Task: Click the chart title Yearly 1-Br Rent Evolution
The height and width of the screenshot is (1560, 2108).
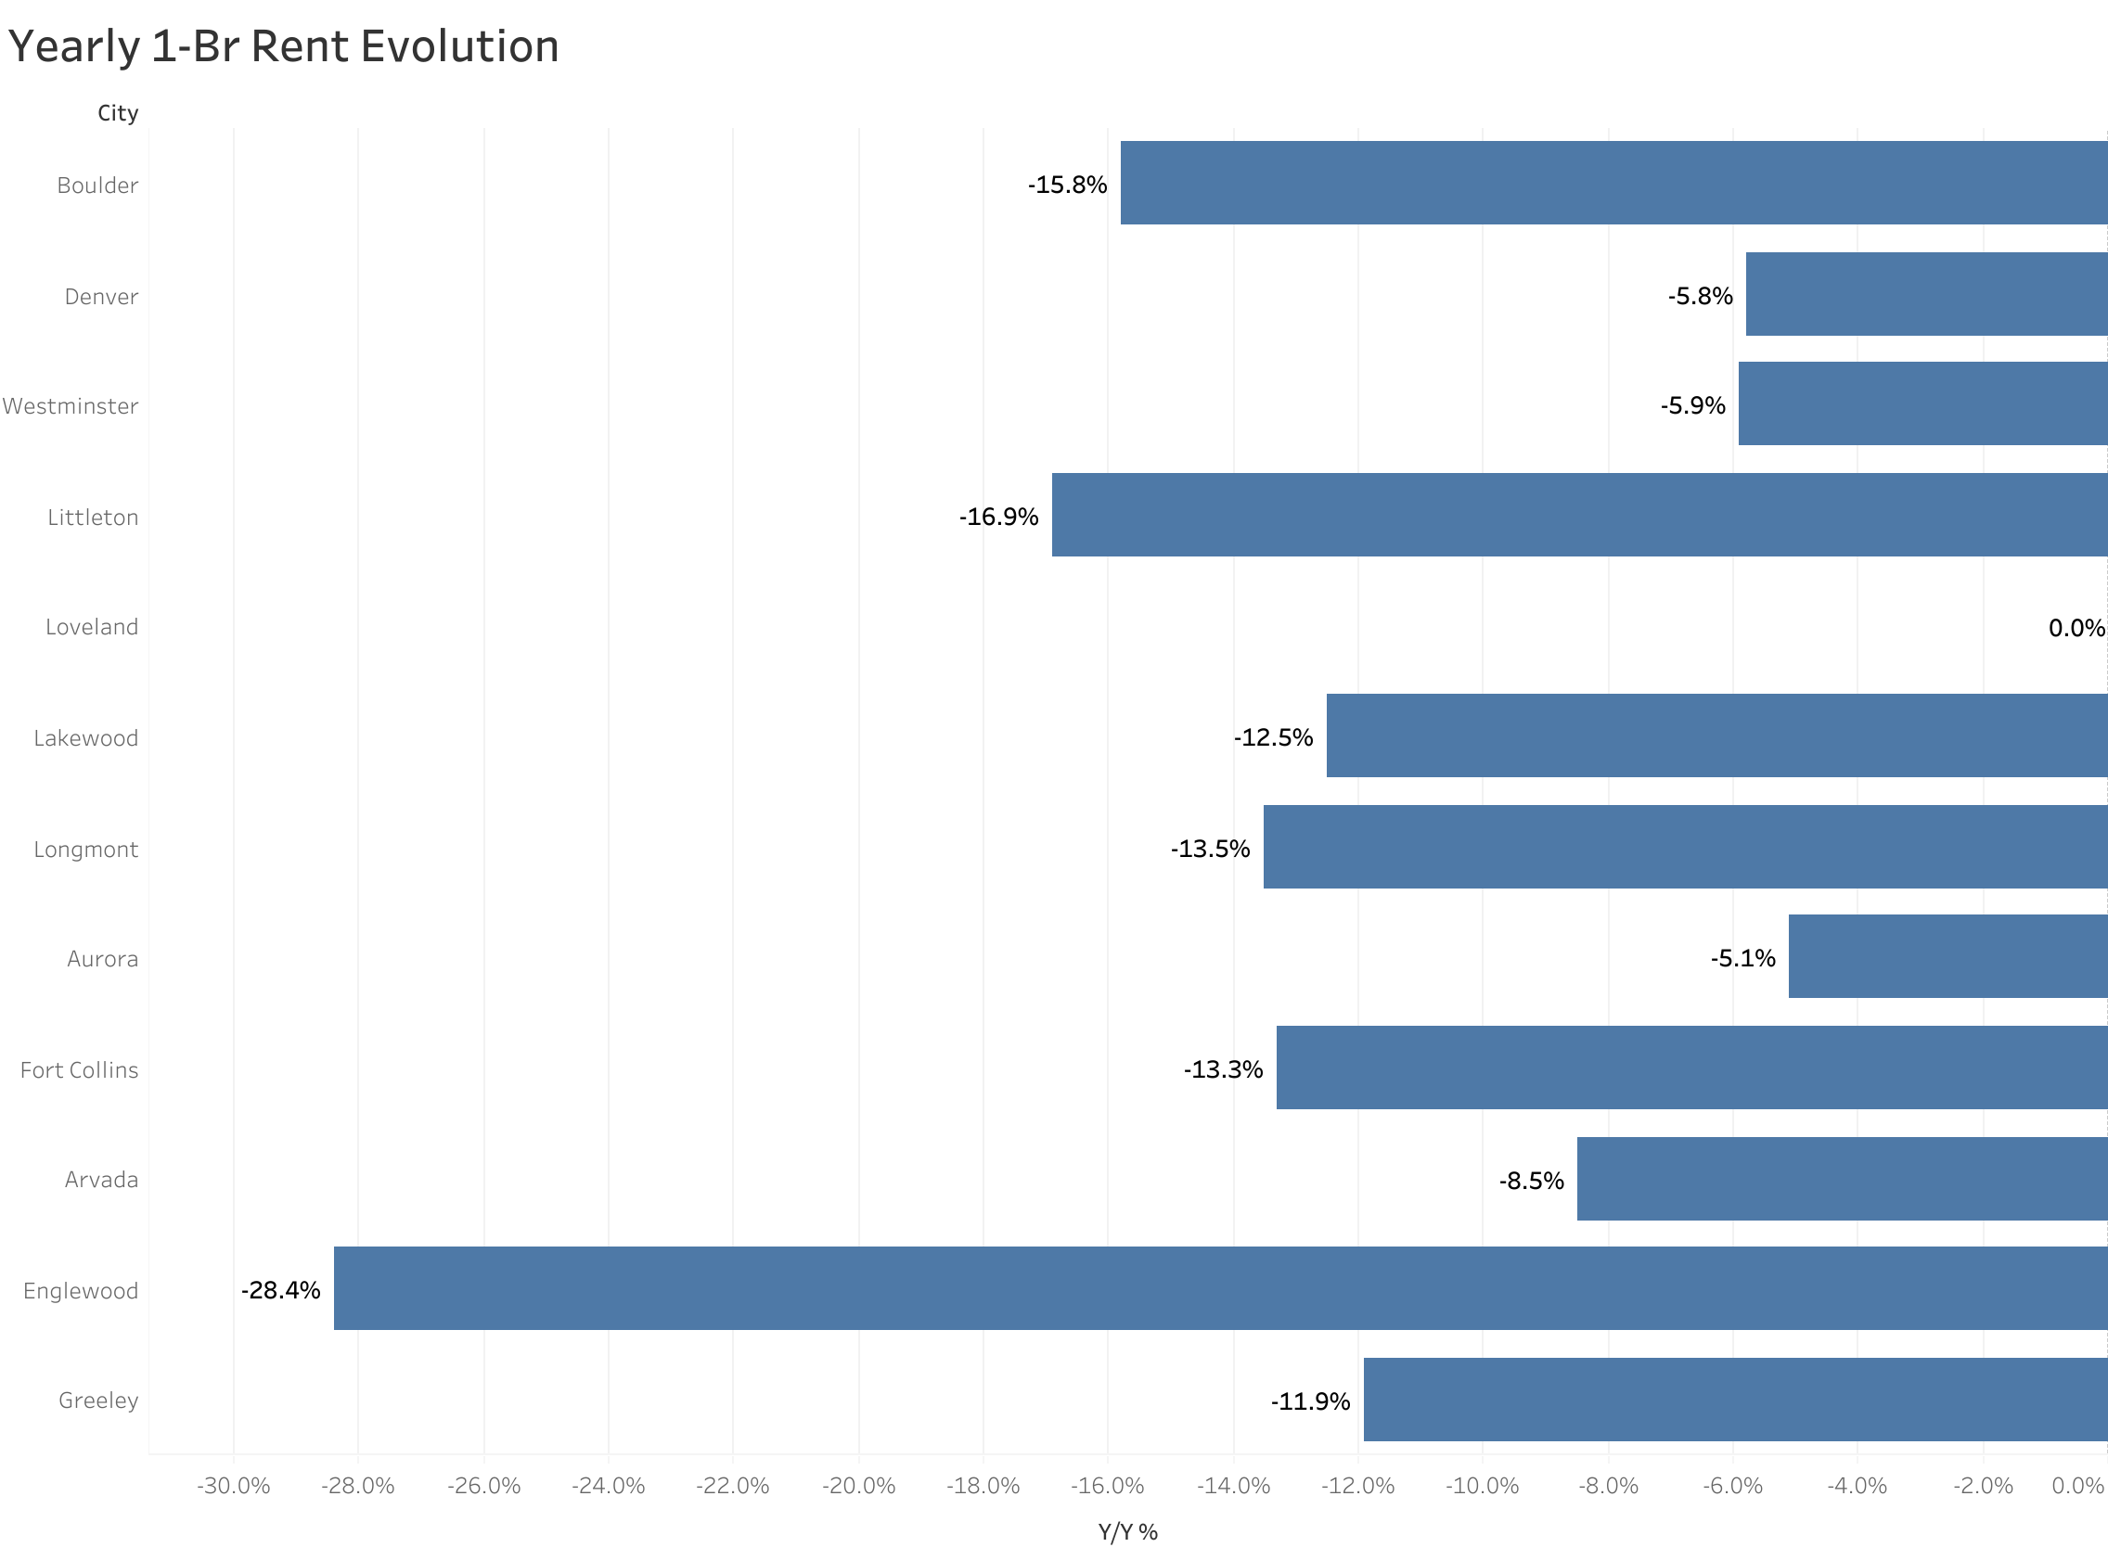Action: [x=283, y=47]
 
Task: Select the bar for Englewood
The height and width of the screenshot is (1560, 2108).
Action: [x=1220, y=1288]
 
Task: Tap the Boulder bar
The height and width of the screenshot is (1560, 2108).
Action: [x=1613, y=183]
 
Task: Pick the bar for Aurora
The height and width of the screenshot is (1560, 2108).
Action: [x=1947, y=955]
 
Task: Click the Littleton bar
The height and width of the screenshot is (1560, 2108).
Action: [x=1579, y=515]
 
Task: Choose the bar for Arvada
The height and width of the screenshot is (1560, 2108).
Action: [x=1842, y=1179]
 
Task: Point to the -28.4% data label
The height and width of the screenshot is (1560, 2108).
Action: [x=280, y=1290]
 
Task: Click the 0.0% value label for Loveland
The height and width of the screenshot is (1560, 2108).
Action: [x=2076, y=628]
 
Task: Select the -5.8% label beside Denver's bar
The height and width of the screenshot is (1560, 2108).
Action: [x=1700, y=297]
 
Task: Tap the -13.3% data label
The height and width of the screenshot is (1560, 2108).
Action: [x=1223, y=1069]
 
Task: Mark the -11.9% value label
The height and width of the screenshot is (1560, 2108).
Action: [x=1310, y=1401]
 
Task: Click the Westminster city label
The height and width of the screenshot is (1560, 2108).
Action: [x=71, y=406]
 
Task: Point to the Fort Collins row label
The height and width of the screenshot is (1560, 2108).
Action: [x=80, y=1070]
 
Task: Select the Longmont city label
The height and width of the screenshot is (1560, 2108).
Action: [x=86, y=849]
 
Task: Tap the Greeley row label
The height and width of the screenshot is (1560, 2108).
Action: [x=98, y=1400]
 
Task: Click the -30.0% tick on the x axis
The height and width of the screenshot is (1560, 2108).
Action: [x=233, y=1487]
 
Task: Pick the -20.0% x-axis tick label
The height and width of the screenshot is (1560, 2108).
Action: [x=858, y=1487]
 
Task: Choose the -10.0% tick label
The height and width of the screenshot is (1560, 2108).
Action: [x=1482, y=1487]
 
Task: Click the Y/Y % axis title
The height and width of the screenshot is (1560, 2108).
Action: [x=1127, y=1531]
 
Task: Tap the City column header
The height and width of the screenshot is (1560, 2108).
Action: [x=118, y=113]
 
